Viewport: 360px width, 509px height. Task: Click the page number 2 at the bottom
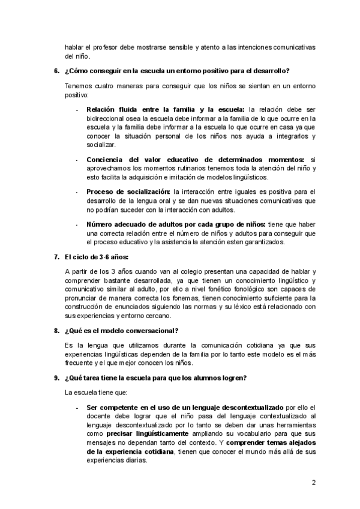[x=313, y=483]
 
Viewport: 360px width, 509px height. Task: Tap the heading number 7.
[x=56, y=257]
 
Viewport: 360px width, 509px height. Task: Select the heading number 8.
[x=56, y=331]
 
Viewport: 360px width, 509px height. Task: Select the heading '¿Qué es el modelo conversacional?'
[x=121, y=331]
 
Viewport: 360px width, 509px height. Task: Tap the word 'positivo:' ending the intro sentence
[x=76, y=95]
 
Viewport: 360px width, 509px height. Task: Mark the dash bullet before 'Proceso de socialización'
[x=76, y=191]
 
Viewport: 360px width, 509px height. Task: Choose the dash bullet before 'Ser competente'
[x=76, y=406]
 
